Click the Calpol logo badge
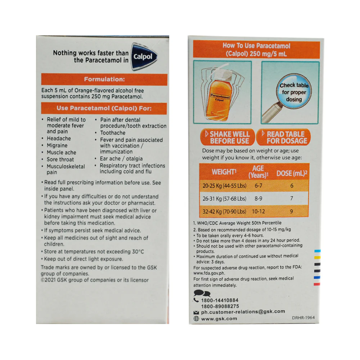144,56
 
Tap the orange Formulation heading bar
104,80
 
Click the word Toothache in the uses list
113,133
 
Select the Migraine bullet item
57,145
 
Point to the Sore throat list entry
60,159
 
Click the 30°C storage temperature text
138,252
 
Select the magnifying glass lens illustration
294,92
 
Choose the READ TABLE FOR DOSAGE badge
283,137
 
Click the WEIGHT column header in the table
224,172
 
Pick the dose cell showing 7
292,198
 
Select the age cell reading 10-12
258,211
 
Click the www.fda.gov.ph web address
209,273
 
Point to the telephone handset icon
196,300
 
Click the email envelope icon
196,312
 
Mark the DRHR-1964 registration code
303,318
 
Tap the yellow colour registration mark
317,257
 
